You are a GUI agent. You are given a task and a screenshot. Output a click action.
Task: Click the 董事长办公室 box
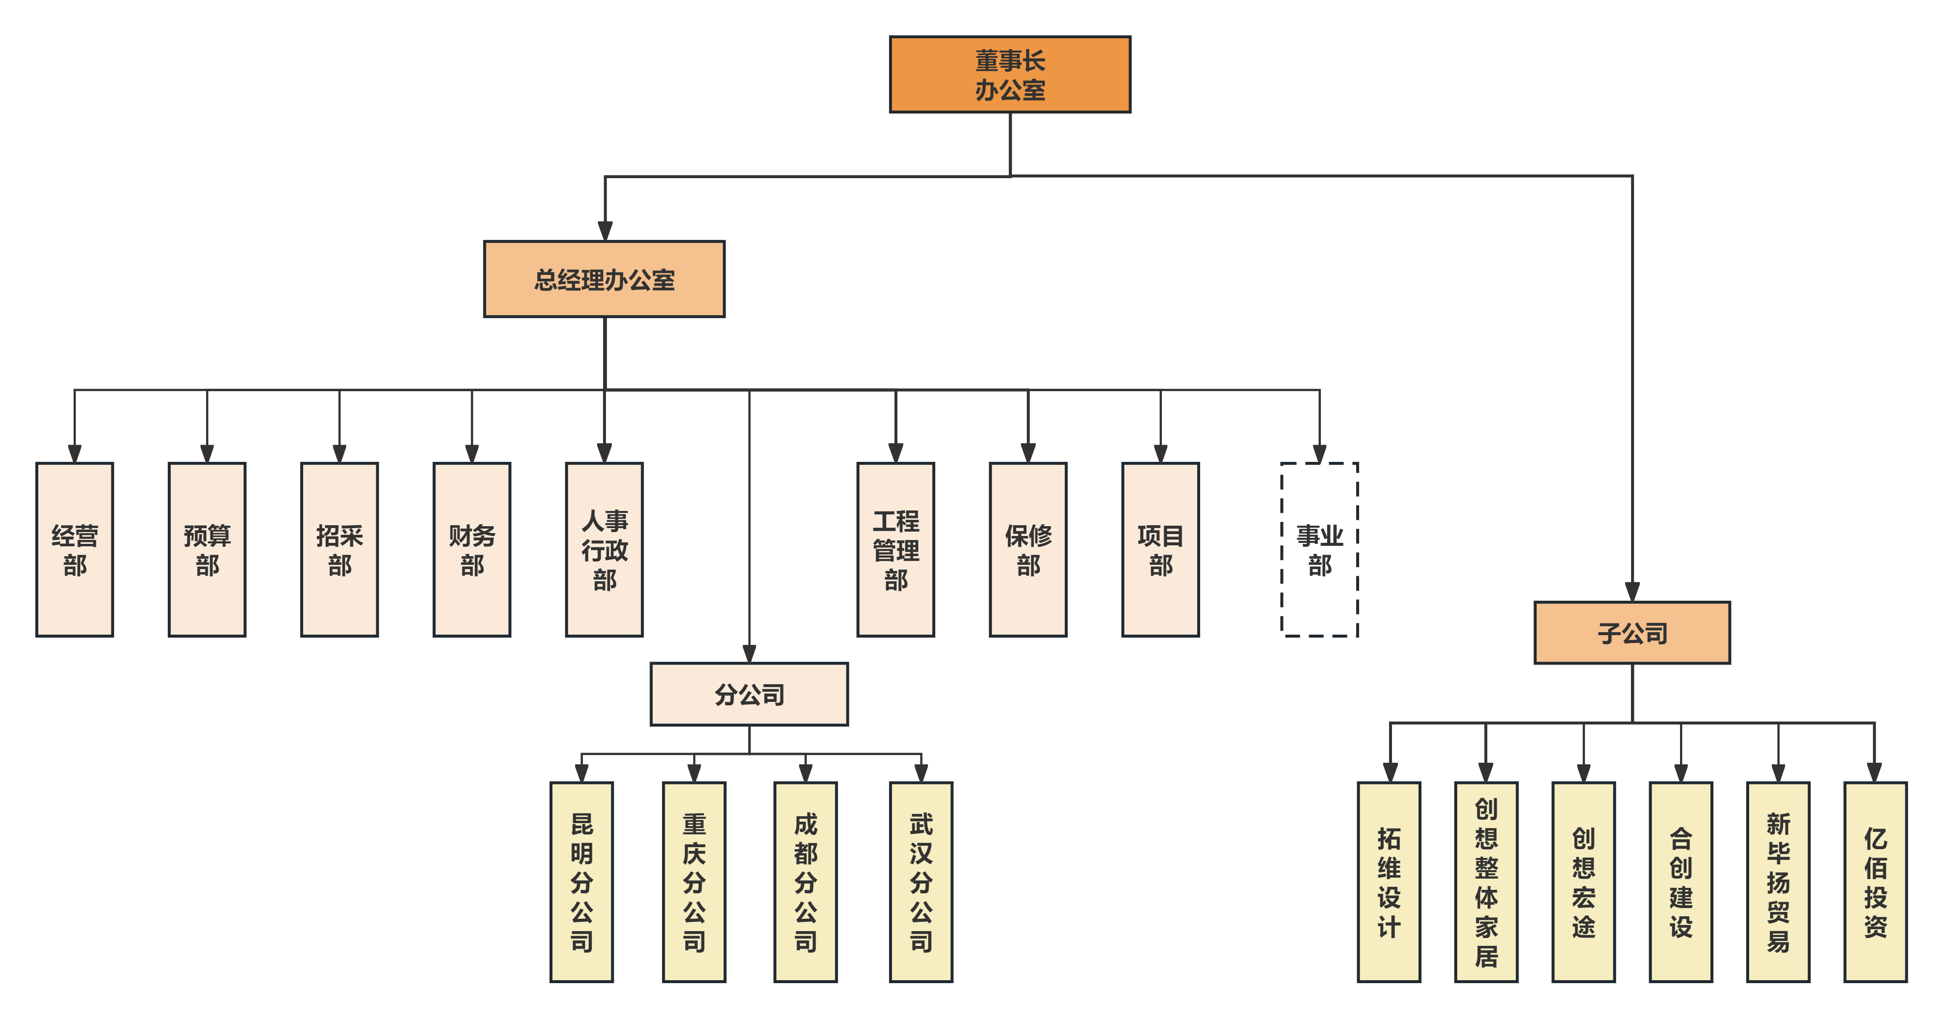pyautogui.click(x=1010, y=75)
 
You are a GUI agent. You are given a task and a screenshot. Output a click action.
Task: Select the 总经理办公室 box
pyautogui.click(x=604, y=279)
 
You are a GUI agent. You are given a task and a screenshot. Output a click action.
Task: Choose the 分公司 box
pyautogui.click(x=749, y=694)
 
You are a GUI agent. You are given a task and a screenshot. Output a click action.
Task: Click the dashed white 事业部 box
pyautogui.click(x=1319, y=549)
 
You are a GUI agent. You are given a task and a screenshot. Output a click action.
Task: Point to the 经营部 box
pyautogui.click(x=75, y=549)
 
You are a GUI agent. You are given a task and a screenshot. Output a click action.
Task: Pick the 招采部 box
pyautogui.click(x=340, y=549)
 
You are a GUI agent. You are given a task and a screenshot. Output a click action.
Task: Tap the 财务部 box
pyautogui.click(x=472, y=549)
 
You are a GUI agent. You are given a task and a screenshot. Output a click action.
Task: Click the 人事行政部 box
pyautogui.click(x=604, y=549)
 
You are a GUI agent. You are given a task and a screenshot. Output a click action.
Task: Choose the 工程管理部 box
pyautogui.click(x=895, y=549)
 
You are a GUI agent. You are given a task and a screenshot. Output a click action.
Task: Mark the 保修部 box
pyautogui.click(x=1028, y=549)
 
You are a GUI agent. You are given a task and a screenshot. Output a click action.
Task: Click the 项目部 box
pyautogui.click(x=1160, y=549)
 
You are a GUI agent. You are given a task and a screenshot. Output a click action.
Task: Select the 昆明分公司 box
pyautogui.click(x=581, y=882)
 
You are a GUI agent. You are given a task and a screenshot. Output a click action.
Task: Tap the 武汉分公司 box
pyautogui.click(x=921, y=882)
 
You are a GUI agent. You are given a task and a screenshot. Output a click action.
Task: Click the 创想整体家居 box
pyautogui.click(x=1486, y=882)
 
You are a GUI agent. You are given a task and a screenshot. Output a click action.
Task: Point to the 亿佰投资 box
pyautogui.click(x=1875, y=882)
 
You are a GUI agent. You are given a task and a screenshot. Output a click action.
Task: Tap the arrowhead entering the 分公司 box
pyautogui.click(x=749, y=653)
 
